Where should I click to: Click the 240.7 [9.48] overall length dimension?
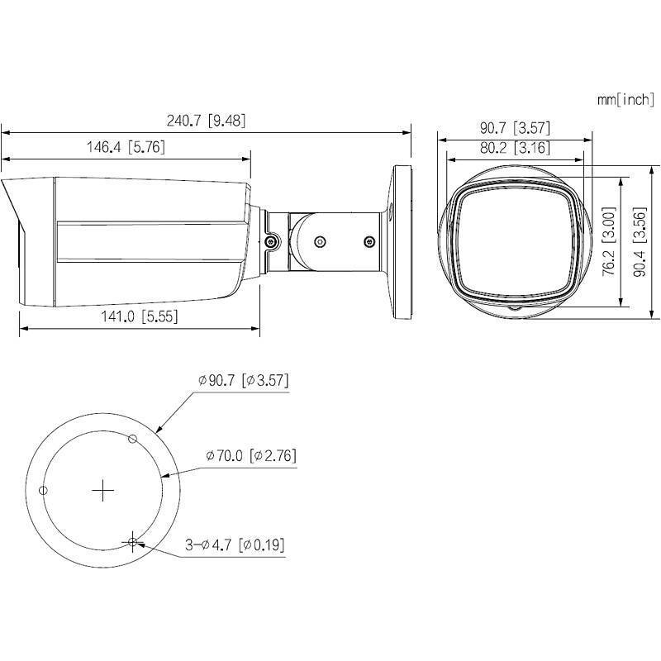[206, 121]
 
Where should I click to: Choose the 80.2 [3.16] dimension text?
[515, 148]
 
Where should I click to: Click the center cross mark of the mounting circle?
[102, 490]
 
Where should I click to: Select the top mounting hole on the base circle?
[131, 438]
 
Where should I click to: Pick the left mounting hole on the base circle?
[44, 491]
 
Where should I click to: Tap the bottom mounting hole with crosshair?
[132, 542]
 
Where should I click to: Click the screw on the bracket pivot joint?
[270, 242]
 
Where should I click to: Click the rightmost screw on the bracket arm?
[369, 242]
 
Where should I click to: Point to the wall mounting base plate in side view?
[402, 242]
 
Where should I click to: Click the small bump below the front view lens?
[515, 309]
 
